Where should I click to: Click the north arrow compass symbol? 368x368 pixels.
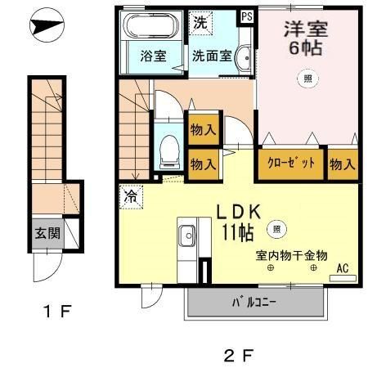point(47,25)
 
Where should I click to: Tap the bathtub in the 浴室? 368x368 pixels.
point(150,25)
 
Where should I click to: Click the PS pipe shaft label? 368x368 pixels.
point(247,16)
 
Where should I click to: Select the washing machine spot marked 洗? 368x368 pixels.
point(200,23)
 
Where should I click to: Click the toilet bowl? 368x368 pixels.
point(169,151)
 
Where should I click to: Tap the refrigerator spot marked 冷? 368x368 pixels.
point(131,197)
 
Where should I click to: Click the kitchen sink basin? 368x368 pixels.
point(186,236)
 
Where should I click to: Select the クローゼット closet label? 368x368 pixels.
point(291,164)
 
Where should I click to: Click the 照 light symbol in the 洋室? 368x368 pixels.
point(307,79)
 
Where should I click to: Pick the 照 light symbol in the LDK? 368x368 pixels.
point(276,229)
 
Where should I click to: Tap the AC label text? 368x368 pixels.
point(343,268)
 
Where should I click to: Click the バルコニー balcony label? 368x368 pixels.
point(254,303)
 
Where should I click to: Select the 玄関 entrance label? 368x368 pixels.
point(47,233)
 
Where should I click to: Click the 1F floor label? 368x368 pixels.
point(58,311)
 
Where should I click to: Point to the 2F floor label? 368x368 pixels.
point(239,356)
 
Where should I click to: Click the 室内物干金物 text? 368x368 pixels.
point(291,256)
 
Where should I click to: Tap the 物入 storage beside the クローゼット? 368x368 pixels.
point(343,164)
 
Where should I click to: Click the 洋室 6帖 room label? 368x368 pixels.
point(306,38)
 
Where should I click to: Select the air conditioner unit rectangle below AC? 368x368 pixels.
point(343,278)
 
